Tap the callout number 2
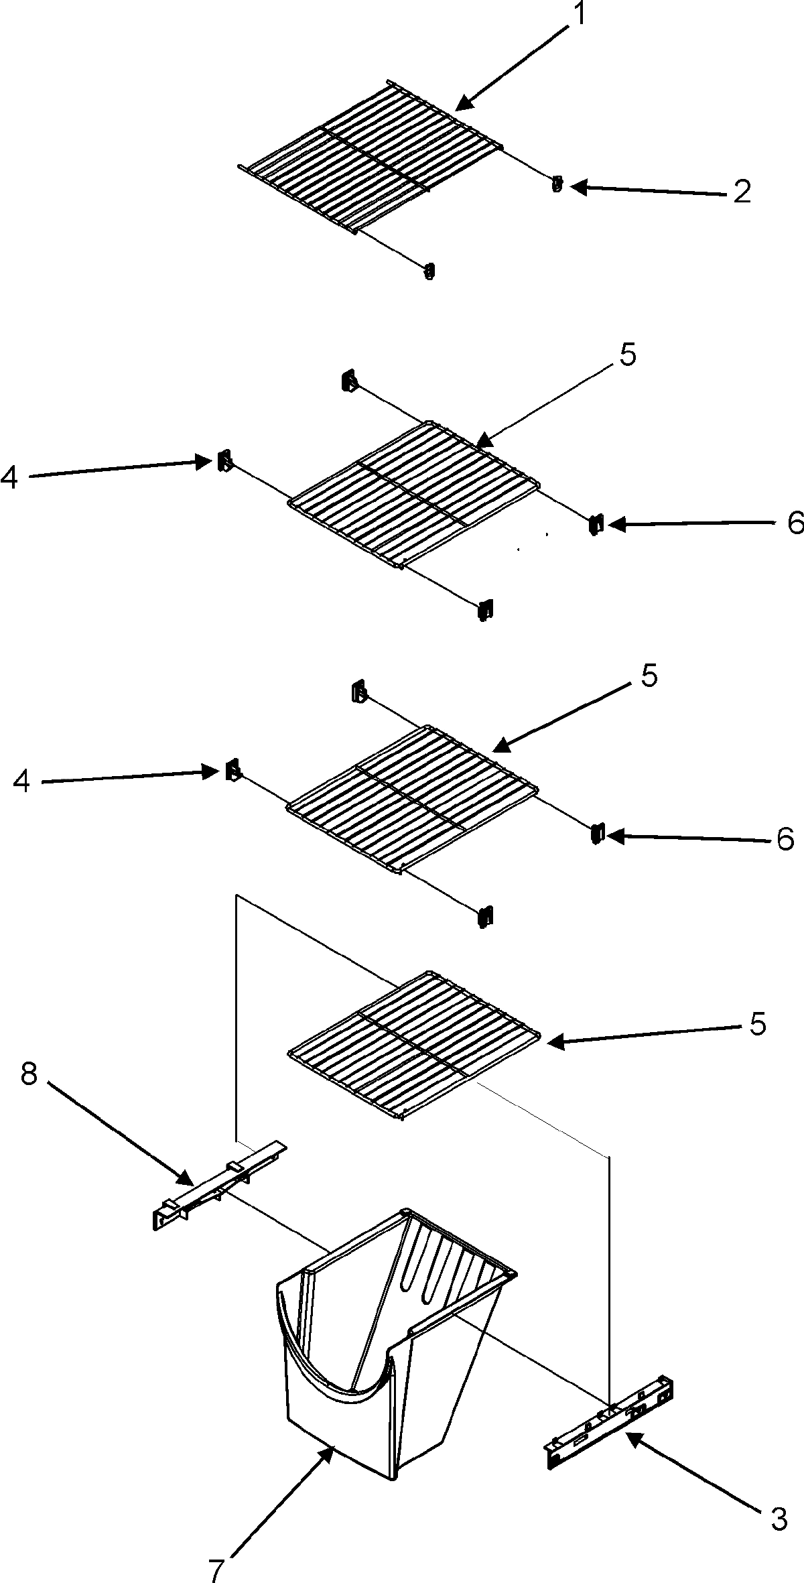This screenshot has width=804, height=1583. [x=741, y=192]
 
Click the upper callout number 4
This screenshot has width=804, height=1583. [x=9, y=477]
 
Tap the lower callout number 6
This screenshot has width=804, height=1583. [x=785, y=838]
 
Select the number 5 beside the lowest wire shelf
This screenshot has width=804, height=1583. [x=757, y=1023]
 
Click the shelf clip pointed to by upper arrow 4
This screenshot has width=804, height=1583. [x=224, y=461]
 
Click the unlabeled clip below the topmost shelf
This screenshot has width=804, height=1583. [x=430, y=271]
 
